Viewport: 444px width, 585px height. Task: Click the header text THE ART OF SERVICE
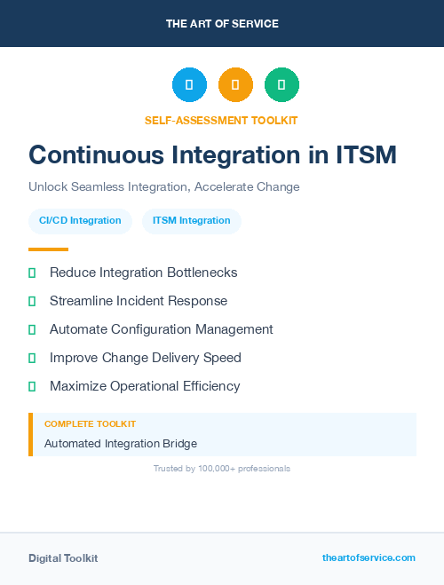coord(222,23)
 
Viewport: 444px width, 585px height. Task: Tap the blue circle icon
coord(189,84)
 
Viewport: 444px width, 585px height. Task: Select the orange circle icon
coord(235,84)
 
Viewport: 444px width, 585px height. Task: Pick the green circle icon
coord(281,84)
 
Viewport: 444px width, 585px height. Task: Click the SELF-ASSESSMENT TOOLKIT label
coord(221,120)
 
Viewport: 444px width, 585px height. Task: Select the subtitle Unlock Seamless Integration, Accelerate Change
coord(164,187)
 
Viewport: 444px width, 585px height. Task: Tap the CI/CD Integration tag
coord(80,221)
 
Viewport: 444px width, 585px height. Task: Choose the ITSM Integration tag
coord(192,221)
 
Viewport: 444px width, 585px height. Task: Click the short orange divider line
coord(48,249)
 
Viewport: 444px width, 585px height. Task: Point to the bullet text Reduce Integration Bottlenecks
coord(143,273)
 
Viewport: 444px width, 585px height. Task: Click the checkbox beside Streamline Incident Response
coord(32,301)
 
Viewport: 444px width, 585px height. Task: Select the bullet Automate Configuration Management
coord(161,329)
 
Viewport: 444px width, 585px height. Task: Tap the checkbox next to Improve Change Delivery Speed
coord(32,358)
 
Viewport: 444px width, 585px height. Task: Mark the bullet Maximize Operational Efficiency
coord(145,386)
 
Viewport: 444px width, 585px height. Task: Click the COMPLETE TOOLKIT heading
coord(90,424)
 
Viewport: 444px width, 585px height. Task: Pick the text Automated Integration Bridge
coord(121,443)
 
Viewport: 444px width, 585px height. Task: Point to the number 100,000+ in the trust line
coord(217,468)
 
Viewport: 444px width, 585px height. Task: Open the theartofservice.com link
coord(369,557)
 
